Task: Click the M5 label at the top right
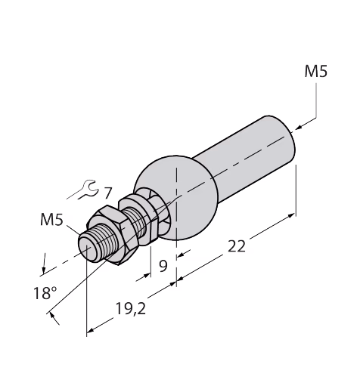pyautogui.click(x=316, y=71)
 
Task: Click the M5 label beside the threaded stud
pyautogui.click(x=51, y=219)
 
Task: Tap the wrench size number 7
pyautogui.click(x=107, y=193)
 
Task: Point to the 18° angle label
pyautogui.click(x=45, y=293)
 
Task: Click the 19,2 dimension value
pyautogui.click(x=131, y=309)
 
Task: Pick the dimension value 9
pyautogui.click(x=163, y=266)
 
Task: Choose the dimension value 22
pyautogui.click(x=237, y=246)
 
